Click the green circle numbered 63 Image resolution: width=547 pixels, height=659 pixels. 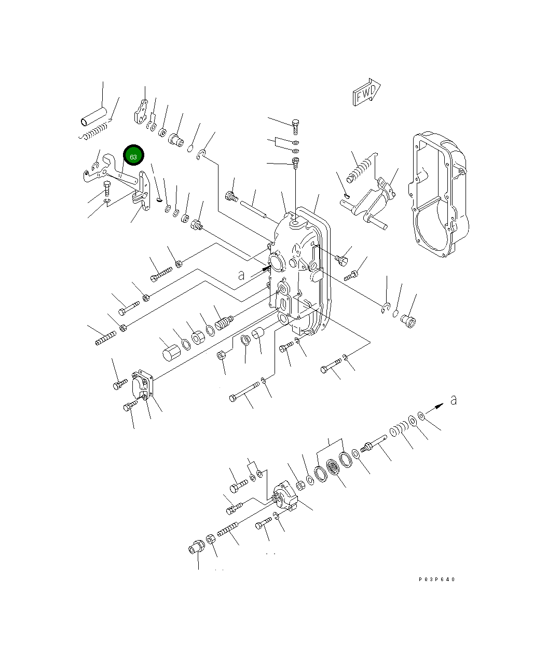(133, 156)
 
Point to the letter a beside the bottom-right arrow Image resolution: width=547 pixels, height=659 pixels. (454, 400)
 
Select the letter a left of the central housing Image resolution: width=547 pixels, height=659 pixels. (241, 275)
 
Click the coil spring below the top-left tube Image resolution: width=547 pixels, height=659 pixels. (98, 131)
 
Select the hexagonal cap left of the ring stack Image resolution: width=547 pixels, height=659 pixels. (170, 353)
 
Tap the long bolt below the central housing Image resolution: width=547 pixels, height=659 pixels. (244, 392)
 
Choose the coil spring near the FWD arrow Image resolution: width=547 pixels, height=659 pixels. (360, 170)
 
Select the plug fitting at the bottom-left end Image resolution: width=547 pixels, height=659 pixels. (196, 547)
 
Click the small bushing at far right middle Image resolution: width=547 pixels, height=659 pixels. (409, 321)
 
